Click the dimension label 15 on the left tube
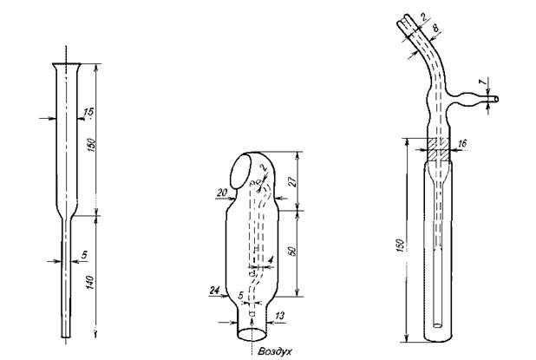tap(88, 113)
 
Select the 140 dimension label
tap(90, 283)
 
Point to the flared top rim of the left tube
tap(67, 64)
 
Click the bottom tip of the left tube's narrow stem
tap(66, 337)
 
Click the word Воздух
tap(275, 351)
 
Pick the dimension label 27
tap(292, 181)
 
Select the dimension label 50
tap(292, 251)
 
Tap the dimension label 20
tap(222, 193)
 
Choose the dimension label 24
tap(214, 291)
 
